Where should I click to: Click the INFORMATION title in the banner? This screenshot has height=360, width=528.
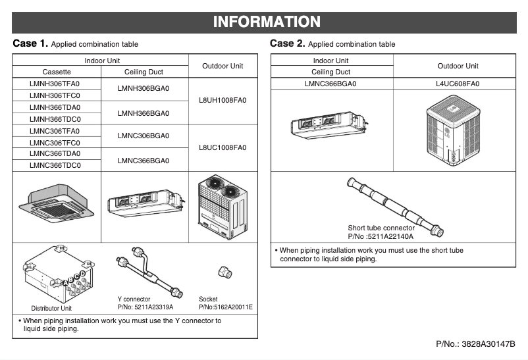(267, 22)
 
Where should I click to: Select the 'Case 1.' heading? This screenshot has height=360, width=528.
(30, 43)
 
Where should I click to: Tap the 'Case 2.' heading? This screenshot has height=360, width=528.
(288, 43)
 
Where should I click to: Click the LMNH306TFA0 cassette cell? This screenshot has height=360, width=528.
(56, 84)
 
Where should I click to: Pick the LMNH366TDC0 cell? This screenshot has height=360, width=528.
(56, 119)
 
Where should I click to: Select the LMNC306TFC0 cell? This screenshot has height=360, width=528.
(56, 142)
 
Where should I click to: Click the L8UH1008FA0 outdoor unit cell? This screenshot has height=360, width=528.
(223, 101)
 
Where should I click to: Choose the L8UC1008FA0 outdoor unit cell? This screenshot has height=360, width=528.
(223, 147)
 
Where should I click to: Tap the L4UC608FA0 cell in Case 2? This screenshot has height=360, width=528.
(457, 84)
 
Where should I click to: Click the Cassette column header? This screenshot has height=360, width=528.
(56, 72)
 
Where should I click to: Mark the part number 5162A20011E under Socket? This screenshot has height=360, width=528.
(225, 307)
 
